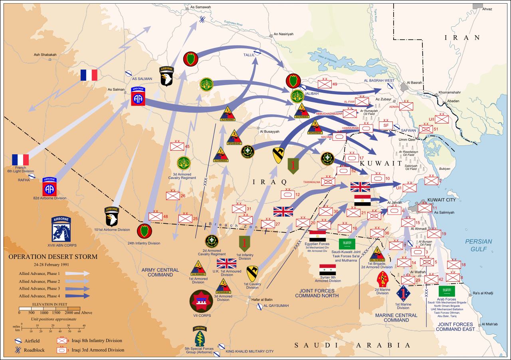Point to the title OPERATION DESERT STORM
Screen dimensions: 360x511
coord(53,257)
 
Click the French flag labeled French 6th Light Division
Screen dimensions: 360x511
coord(20,159)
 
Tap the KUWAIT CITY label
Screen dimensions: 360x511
coord(441,200)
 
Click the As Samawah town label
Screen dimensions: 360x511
coord(200,7)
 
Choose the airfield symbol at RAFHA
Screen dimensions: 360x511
coord(32,176)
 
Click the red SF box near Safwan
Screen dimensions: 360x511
coord(386,125)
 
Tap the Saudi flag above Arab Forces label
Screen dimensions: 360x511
coord(447,291)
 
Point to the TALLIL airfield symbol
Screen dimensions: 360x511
coord(258,52)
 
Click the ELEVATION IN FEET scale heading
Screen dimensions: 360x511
coord(49,304)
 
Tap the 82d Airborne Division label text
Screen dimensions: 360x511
coord(50,198)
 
